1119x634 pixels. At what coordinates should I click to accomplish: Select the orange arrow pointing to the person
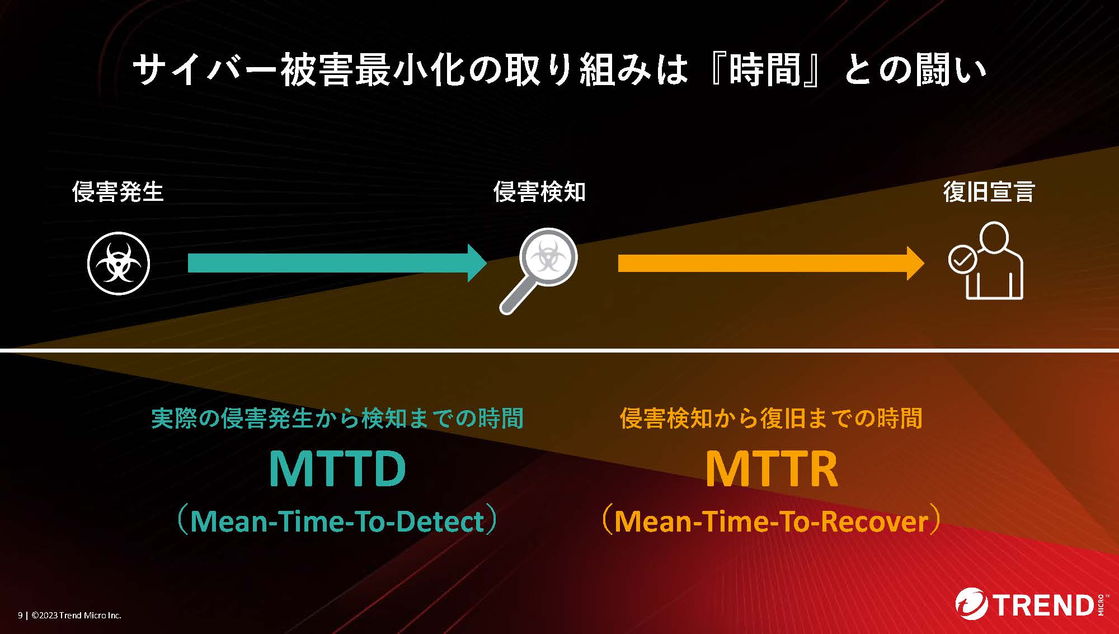[771, 263]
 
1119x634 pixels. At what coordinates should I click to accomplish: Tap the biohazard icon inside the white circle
[119, 263]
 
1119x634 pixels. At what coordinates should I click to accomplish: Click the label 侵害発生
[118, 192]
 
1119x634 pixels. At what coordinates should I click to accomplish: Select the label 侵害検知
[539, 192]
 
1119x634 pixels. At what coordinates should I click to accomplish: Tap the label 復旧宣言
[989, 192]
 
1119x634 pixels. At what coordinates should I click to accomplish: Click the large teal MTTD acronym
[337, 468]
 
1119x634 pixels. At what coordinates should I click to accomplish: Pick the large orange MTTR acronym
[772, 468]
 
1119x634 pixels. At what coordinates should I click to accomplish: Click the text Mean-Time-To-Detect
[337, 521]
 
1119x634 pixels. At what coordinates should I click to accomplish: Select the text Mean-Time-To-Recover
[772, 521]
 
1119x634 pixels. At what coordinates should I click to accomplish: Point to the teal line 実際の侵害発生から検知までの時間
[337, 419]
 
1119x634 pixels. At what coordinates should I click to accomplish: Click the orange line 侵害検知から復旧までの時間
[771, 419]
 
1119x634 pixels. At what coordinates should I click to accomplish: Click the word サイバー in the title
[205, 70]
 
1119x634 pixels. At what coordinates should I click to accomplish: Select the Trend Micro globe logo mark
[972, 605]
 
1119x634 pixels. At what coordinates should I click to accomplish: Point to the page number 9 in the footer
[20, 616]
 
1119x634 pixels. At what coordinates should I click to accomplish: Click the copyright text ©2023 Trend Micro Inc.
[77, 616]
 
